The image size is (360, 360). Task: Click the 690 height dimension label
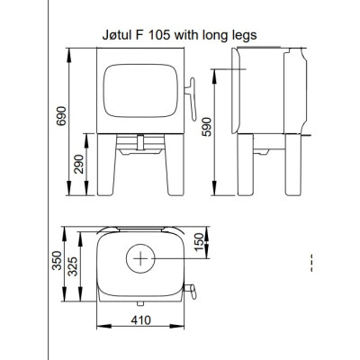point(61,116)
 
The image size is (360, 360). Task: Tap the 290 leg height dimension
point(79,164)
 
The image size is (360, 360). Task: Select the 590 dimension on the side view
point(206,127)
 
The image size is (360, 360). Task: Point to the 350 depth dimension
point(57,260)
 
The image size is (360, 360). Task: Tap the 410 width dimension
point(140,320)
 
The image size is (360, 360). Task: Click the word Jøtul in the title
point(116,35)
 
